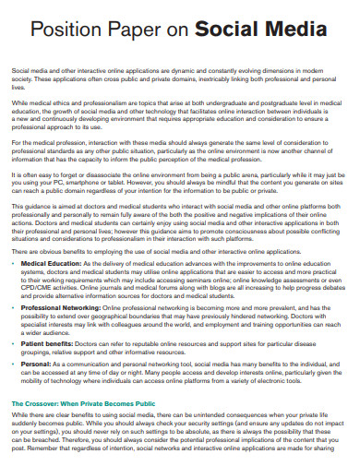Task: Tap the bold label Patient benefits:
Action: [49, 343]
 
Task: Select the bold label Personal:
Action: [39, 364]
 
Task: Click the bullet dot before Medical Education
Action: [16, 264]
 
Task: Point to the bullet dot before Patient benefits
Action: [16, 343]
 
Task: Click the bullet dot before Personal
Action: [16, 364]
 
